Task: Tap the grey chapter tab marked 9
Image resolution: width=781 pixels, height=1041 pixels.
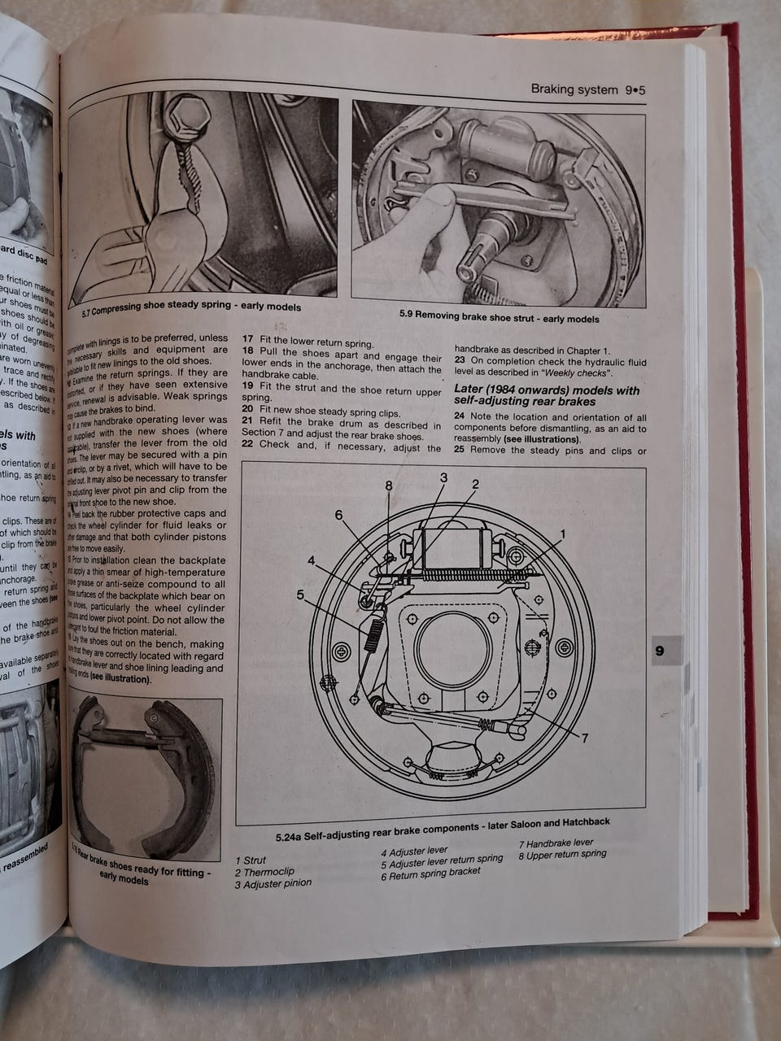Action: tap(659, 651)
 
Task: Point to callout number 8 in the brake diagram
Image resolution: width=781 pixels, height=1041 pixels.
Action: tap(389, 486)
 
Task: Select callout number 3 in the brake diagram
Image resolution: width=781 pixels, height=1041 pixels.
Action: tap(443, 477)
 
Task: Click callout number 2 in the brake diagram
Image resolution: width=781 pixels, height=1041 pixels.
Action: tap(475, 484)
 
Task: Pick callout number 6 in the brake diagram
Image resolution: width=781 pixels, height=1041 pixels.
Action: tap(338, 515)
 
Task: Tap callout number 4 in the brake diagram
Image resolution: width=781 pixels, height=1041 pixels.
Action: tap(312, 560)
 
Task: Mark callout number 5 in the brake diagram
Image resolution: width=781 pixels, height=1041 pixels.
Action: tap(300, 595)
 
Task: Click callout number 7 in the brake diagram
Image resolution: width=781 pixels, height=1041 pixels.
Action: tap(584, 738)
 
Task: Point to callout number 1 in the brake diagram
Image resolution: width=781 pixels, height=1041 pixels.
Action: tap(561, 533)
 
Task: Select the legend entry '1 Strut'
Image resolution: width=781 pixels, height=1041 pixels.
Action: tap(251, 860)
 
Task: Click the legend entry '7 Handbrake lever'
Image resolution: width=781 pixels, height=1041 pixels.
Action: tap(556, 843)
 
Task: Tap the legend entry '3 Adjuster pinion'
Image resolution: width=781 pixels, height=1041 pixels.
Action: tap(273, 883)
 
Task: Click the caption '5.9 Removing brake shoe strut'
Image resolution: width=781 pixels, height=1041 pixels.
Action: tap(499, 317)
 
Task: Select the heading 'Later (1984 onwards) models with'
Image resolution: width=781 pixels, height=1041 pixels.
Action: tap(546, 390)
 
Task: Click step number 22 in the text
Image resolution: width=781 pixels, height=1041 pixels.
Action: tap(247, 445)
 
